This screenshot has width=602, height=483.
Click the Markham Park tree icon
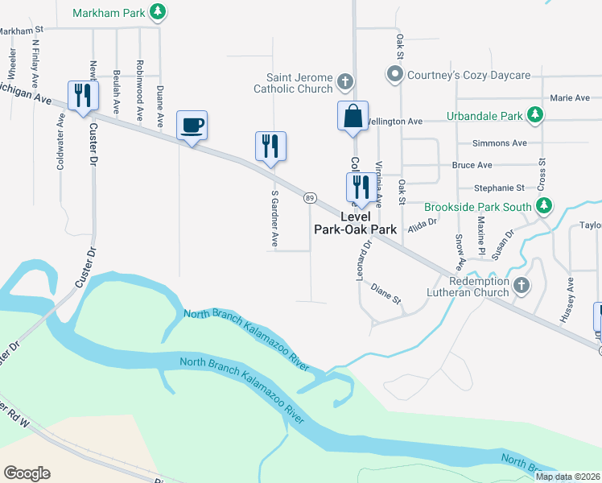point(159,12)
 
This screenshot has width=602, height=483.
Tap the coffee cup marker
point(192,126)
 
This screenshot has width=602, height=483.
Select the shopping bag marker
point(353,116)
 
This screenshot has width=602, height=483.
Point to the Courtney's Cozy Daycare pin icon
point(394,76)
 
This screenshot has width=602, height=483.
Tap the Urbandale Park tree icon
point(534,116)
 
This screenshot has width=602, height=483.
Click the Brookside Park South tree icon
point(544,206)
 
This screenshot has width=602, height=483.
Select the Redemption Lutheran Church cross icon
point(522,285)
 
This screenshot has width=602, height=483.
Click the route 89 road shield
point(309,197)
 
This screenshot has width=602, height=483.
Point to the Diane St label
point(386,294)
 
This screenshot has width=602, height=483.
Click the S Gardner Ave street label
point(274,219)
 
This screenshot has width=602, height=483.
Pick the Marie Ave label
point(570,98)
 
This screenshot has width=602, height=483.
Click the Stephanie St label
point(499,188)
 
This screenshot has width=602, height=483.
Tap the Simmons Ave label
point(500,143)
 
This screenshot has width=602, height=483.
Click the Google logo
point(27,473)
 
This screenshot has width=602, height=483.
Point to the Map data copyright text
point(567,477)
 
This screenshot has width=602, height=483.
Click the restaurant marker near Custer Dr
point(83,96)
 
